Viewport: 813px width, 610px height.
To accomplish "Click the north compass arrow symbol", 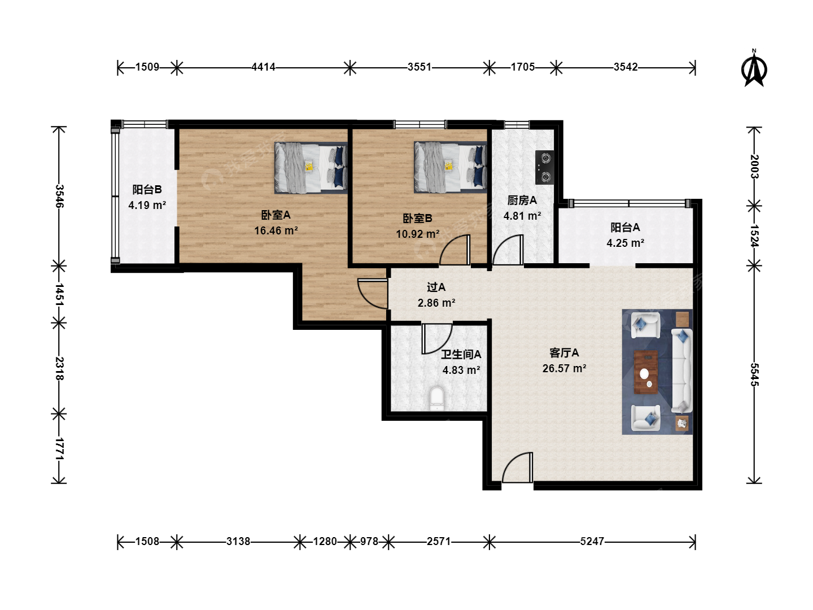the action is pos(754,71).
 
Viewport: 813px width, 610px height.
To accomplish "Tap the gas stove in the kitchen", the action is pos(545,167).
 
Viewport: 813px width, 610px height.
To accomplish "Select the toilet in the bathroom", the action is pos(437,399).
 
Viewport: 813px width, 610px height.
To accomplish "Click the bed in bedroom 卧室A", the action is pos(311,168).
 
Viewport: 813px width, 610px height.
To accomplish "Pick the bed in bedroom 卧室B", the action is pos(450,167).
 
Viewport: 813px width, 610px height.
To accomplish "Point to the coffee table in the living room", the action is pos(645,372).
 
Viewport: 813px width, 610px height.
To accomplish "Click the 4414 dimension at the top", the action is pos(263,67).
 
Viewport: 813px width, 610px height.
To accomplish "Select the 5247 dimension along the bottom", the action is pos(592,542).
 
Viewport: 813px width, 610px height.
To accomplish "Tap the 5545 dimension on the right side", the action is pos(754,374).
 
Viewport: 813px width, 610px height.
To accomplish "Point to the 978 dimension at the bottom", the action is pos(369,542).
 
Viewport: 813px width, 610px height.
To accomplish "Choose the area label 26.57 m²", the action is pos(564,368).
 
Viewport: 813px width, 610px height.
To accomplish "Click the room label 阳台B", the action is pos(147,190).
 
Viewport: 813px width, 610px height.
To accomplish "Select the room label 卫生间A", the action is pos(461,355).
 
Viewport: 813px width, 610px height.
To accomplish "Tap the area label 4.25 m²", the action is pos(625,243).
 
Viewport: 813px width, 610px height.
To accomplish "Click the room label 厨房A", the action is pos(522,201).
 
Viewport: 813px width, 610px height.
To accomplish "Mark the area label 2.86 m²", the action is pos(436,303).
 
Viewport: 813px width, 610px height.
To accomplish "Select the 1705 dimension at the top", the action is pos(523,67).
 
